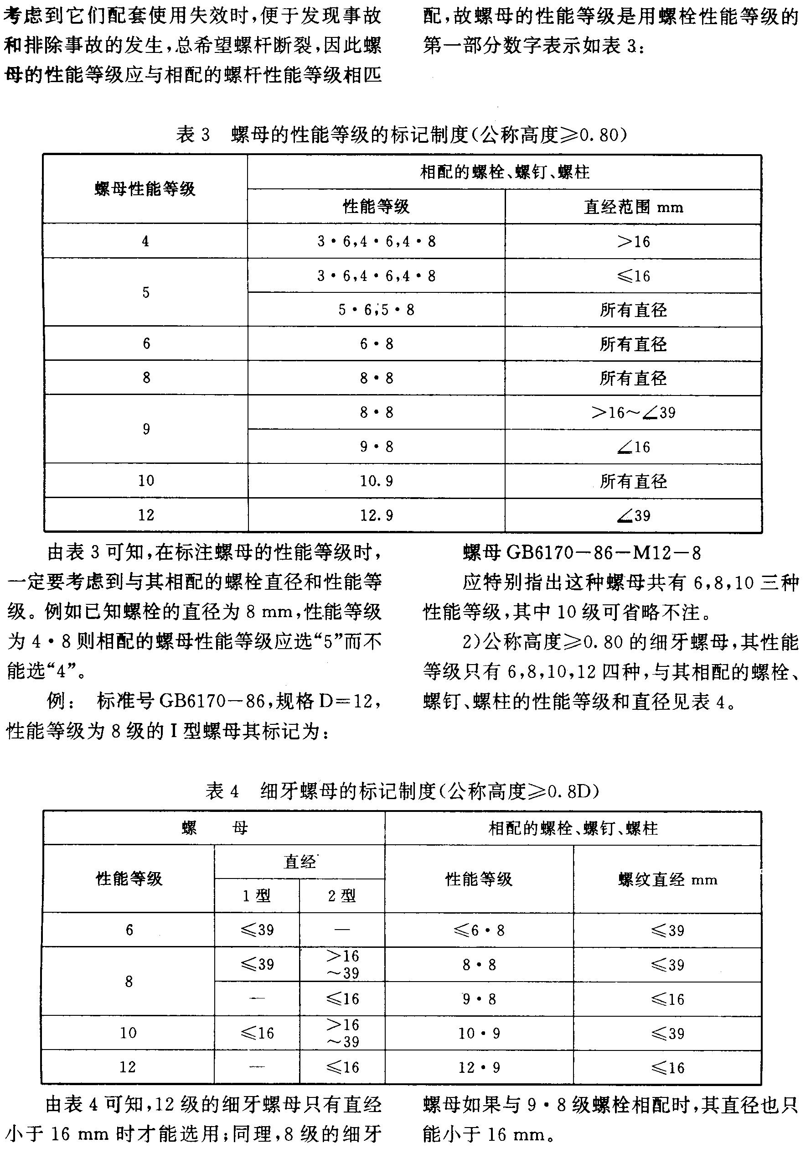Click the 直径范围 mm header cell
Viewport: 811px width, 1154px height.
pyautogui.click(x=633, y=207)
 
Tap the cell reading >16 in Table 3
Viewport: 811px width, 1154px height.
pyautogui.click(x=633, y=242)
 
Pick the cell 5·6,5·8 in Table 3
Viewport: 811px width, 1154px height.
pyautogui.click(x=376, y=310)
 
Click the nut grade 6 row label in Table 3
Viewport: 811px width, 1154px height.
pyautogui.click(x=146, y=344)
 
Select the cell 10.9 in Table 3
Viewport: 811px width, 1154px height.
pyautogui.click(x=376, y=481)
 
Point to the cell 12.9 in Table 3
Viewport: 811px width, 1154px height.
pyautogui.click(x=376, y=515)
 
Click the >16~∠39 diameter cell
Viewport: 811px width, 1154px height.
pyautogui.click(x=633, y=413)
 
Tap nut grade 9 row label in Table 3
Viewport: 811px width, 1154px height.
pyautogui.click(x=146, y=429)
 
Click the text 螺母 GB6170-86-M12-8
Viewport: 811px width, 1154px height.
pyautogui.click(x=581, y=553)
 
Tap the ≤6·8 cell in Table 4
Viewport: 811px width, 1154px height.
pyautogui.click(x=479, y=930)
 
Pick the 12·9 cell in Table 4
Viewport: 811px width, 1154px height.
pyautogui.click(x=479, y=1067)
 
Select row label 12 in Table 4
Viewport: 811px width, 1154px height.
pyautogui.click(x=128, y=1067)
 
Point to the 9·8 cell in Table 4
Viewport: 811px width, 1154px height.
pyautogui.click(x=479, y=999)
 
